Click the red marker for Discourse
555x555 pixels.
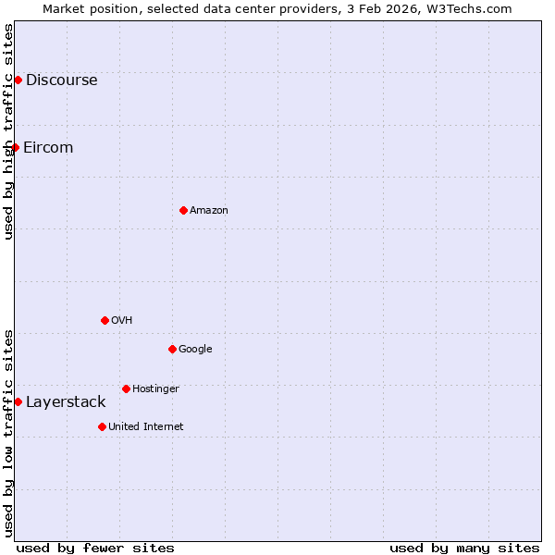(x=18, y=80)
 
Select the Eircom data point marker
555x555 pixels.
(x=15, y=147)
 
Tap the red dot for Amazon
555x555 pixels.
(x=183, y=210)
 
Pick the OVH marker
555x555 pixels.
(x=105, y=320)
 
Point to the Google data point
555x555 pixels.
(x=172, y=349)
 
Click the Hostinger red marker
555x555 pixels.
(x=126, y=388)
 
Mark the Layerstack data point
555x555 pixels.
(x=18, y=401)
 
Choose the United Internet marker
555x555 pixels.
(x=102, y=426)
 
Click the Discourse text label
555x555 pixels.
(x=61, y=80)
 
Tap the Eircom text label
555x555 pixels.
(x=48, y=147)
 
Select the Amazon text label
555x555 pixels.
(x=209, y=211)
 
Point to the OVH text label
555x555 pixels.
(x=122, y=321)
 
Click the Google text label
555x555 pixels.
(x=195, y=350)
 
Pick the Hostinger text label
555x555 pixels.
(x=155, y=389)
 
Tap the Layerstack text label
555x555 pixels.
(x=66, y=401)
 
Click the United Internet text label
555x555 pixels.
(x=145, y=427)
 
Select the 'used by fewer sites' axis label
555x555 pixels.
(x=95, y=548)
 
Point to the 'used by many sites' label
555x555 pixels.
(x=464, y=548)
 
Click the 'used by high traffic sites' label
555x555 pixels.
(x=8, y=131)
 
